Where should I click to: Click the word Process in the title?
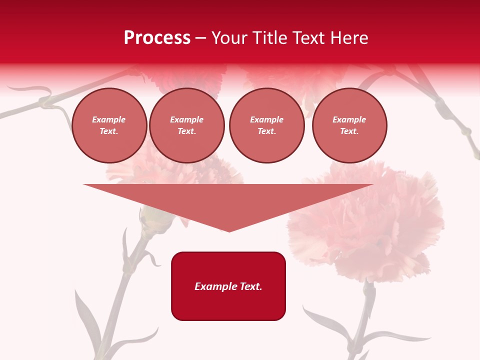click(157, 38)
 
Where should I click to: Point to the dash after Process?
click(201, 39)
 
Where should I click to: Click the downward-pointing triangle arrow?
click(228, 202)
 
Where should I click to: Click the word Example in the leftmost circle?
click(109, 119)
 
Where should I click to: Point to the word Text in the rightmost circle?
click(349, 131)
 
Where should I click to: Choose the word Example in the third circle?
click(266, 119)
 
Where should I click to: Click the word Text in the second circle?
click(186, 131)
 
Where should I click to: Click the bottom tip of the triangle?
click(229, 230)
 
